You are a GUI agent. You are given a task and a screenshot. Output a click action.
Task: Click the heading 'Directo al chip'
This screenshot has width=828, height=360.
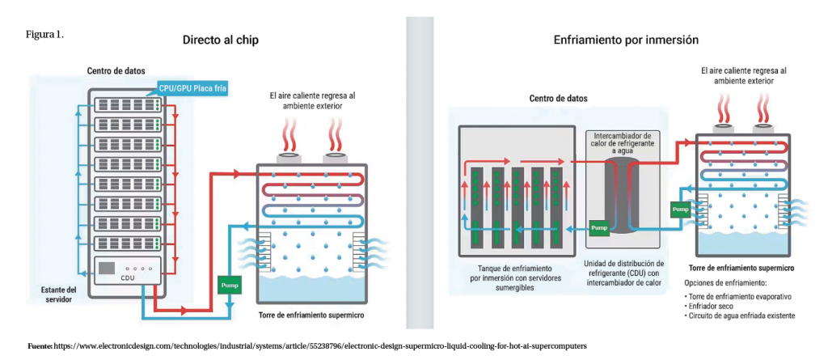221,40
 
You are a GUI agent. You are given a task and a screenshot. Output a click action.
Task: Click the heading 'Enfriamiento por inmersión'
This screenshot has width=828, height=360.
626,40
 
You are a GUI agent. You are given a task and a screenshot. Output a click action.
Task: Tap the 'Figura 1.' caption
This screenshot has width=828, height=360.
45,35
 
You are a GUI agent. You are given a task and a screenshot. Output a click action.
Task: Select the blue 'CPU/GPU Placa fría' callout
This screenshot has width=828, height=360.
192,88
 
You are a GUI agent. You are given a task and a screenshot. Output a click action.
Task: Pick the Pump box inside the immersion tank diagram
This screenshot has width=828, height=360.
599,228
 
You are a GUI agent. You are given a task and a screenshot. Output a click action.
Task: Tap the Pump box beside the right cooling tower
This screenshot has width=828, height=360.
680,210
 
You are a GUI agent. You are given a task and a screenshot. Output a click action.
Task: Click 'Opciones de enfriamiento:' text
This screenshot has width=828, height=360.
724,282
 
